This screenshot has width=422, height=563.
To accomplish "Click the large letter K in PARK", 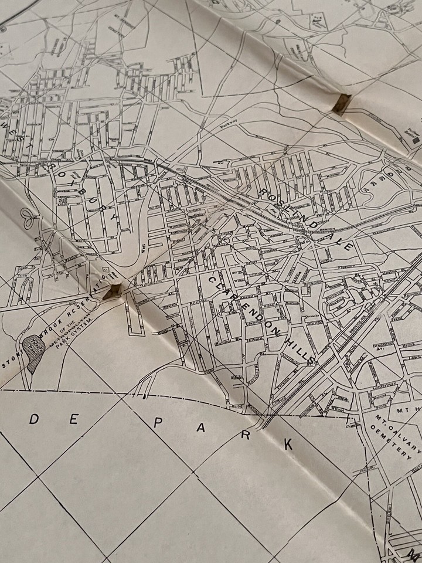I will pos(288,445).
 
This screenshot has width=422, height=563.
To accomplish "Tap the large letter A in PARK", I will pos(201,429).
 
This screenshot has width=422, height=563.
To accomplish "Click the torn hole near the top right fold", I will pos(342,103).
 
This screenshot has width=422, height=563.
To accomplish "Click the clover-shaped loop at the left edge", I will pos(28,218).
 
